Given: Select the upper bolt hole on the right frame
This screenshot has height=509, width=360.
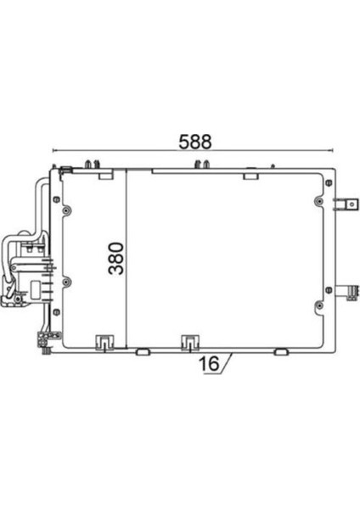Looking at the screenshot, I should pyautogui.click(x=318, y=202).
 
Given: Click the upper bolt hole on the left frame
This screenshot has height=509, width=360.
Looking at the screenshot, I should pyautogui.click(x=56, y=200).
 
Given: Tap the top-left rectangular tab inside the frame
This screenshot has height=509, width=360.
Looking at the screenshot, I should pyautogui.click(x=105, y=176).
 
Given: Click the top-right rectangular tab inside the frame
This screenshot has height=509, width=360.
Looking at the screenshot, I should pyautogui.click(x=250, y=176).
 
